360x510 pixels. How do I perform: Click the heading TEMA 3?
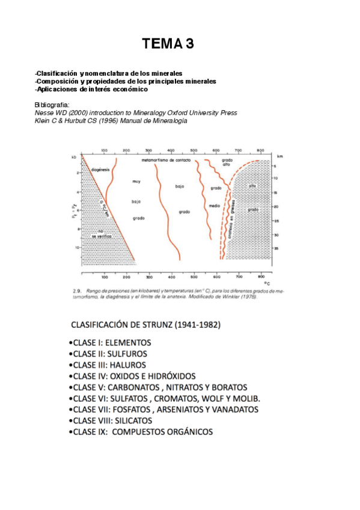click(x=168, y=43)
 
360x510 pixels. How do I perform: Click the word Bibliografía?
click(x=52, y=105)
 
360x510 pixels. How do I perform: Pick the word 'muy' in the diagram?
click(x=136, y=181)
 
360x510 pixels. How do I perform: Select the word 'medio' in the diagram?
click(x=215, y=206)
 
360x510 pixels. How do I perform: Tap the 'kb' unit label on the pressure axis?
click(x=74, y=158)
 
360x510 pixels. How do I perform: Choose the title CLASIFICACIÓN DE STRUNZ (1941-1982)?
click(x=145, y=325)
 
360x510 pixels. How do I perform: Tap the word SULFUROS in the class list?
click(x=127, y=354)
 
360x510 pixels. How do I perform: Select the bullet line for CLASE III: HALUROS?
click(x=109, y=364)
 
